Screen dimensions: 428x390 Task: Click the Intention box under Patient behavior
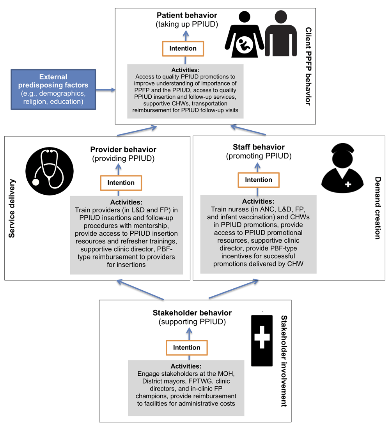coord(183,48)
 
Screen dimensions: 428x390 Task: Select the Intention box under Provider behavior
coord(121,183)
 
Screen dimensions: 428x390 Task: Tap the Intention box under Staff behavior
coord(259,180)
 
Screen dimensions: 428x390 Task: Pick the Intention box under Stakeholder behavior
coord(187,348)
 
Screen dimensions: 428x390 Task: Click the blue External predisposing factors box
coord(53,89)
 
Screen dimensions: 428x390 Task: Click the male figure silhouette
coord(280,37)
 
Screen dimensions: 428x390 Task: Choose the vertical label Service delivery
coord(12,208)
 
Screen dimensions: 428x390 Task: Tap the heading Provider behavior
coord(123,149)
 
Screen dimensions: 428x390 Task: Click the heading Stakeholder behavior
coord(192,313)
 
